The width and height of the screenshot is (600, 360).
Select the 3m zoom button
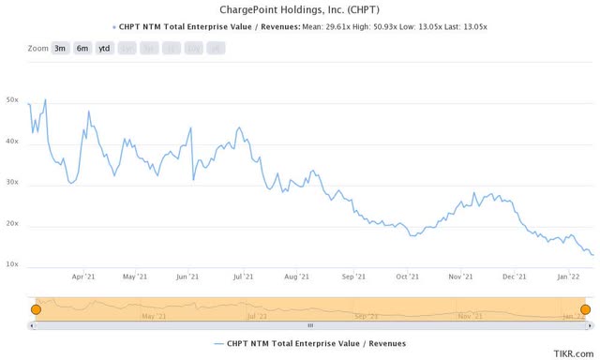59,48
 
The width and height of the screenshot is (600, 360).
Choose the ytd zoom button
104,48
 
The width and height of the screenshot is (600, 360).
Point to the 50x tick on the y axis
12,100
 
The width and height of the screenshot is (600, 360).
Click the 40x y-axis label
12,142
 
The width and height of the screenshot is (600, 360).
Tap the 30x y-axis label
12,183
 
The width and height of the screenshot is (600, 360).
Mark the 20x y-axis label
12,224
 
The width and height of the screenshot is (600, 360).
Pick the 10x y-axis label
12,265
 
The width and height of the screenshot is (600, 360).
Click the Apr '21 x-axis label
83,277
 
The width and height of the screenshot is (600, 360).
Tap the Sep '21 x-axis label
353,277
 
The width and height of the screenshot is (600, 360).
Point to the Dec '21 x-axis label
514,277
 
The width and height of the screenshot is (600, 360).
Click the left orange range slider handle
36,309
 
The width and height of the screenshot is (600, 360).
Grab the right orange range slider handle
585,309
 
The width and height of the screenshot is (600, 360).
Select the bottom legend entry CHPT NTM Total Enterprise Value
309,344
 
